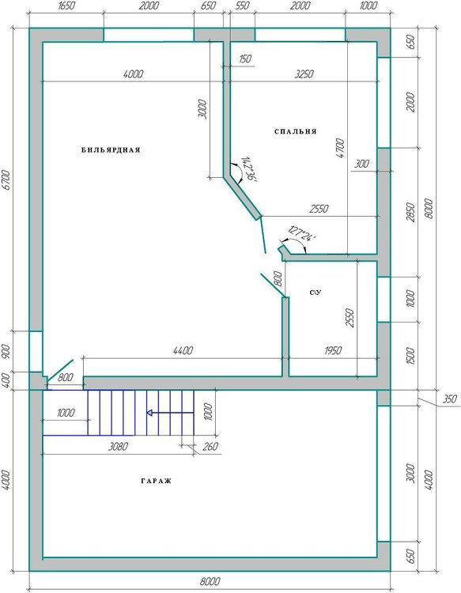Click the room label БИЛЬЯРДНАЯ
(111, 150)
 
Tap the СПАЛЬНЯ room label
(296, 131)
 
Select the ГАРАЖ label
(157, 481)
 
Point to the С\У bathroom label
(316, 293)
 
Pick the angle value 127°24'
(301, 234)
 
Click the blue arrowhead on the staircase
(149, 413)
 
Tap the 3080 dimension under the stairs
(118, 447)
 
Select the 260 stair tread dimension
(210, 447)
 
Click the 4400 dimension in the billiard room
(183, 350)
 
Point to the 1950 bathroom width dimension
(333, 350)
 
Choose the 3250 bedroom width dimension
(304, 74)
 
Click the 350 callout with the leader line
(449, 398)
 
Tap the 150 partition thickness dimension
(245, 59)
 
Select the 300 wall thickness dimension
(361, 164)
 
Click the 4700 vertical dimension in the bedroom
(340, 149)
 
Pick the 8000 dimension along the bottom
(210, 581)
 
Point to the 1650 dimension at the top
(66, 6)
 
